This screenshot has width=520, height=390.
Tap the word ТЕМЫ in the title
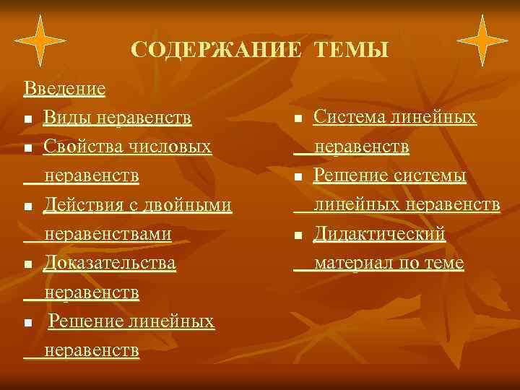[352, 50]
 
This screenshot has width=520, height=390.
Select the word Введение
[64, 89]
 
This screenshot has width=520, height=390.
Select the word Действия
[82, 205]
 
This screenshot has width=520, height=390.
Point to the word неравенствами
[108, 234]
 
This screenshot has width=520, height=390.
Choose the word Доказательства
[110, 264]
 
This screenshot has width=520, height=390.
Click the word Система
[350, 117]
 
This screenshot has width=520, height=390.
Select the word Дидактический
[380, 234]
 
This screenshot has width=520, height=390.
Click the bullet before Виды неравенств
[27, 119]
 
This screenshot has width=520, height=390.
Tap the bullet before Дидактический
[298, 235]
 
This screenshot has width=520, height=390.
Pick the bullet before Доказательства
[27, 265]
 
